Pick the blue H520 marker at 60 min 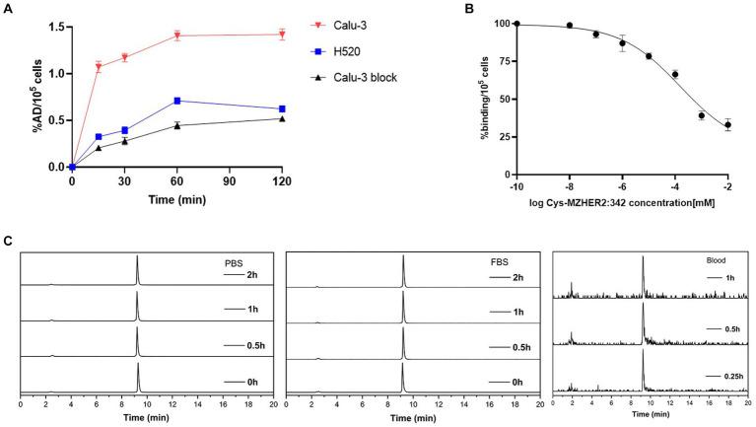(x=177, y=101)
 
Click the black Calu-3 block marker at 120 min (x=283, y=118)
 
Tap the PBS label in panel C (x=233, y=263)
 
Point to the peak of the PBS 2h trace (x=137, y=257)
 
